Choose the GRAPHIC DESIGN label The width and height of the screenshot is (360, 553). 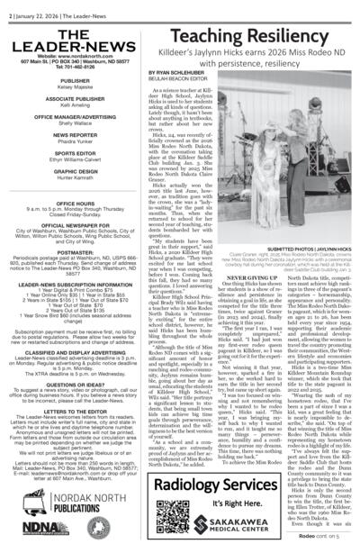56,174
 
